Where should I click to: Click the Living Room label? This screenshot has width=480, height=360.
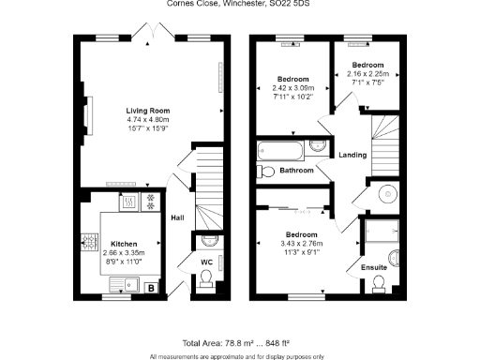[145, 110]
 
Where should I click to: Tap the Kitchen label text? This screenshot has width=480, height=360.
[124, 242]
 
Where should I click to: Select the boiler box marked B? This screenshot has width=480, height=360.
[152, 288]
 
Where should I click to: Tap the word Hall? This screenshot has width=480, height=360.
[177, 218]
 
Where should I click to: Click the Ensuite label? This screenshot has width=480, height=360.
[374, 267]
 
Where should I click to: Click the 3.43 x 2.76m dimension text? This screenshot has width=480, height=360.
[302, 242]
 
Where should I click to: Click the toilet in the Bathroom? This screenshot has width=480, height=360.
[267, 171]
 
